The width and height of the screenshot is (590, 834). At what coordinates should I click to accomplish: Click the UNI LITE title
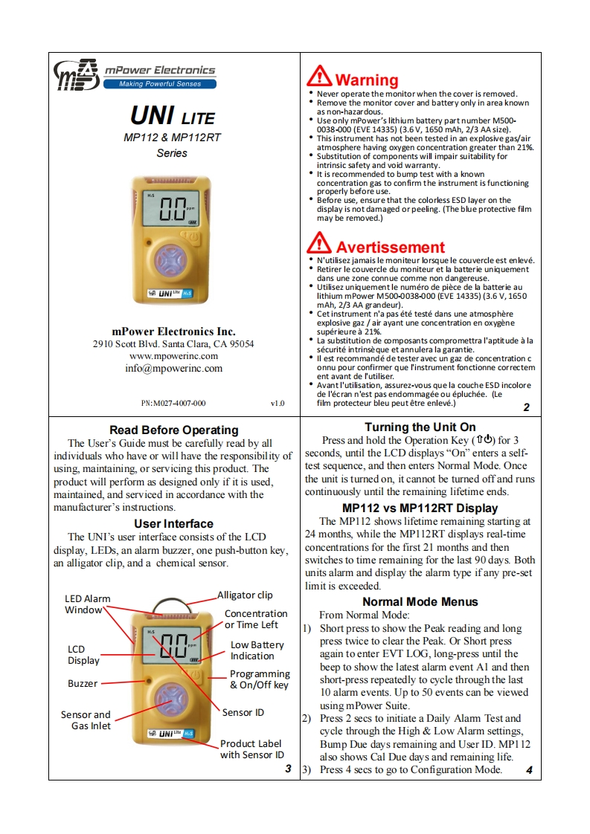[x=173, y=116]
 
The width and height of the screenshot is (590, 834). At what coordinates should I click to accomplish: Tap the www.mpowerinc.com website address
[x=173, y=356]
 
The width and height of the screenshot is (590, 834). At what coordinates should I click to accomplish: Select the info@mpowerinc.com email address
[x=173, y=368]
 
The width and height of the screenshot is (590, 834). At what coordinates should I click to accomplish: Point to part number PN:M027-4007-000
[x=173, y=404]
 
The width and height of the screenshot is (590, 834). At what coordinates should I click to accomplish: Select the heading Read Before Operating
[x=173, y=430]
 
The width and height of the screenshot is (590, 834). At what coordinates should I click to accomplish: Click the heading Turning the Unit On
[x=420, y=427]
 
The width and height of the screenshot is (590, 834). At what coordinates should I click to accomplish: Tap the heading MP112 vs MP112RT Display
[x=420, y=508]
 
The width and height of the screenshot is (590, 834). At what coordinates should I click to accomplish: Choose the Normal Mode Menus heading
[x=420, y=601]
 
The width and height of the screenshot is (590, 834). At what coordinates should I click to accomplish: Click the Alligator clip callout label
[x=245, y=595]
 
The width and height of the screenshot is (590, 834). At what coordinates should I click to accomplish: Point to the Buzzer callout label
[x=83, y=683]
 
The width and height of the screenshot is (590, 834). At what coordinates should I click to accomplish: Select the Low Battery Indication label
[x=257, y=650]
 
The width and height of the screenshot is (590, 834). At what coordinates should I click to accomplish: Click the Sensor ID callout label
[x=243, y=712]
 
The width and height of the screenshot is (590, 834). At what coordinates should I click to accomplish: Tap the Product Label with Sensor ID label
[x=251, y=749]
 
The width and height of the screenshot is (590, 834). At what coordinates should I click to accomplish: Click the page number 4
[x=528, y=771]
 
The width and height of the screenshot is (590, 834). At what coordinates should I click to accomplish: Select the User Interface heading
[x=173, y=524]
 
